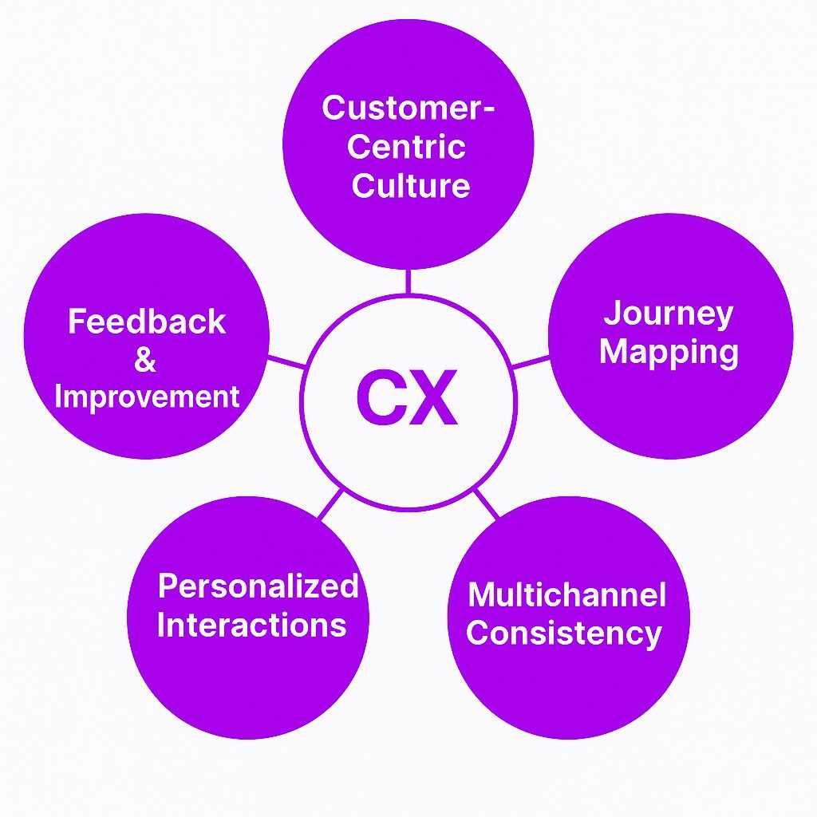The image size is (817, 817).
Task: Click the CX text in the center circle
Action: [407, 397]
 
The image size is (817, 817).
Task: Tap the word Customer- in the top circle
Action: [408, 109]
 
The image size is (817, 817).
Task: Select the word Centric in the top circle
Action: [407, 147]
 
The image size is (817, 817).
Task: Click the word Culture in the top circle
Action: [410, 185]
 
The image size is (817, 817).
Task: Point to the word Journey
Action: [668, 314]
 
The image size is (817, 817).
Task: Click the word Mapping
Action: [669, 352]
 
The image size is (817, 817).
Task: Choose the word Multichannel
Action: [566, 594]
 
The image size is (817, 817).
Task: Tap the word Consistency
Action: [564, 633]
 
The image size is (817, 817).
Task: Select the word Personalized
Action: [258, 586]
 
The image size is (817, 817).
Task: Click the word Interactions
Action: [252, 625]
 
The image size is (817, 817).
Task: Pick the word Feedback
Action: [147, 322]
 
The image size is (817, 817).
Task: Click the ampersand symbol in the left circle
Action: [145, 360]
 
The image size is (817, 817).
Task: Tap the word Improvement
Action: [147, 397]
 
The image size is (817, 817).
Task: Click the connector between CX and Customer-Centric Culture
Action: [407, 282]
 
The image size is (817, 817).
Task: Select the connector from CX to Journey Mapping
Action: [531, 362]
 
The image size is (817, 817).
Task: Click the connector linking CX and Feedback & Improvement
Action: [286, 361]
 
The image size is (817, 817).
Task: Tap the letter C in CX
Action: [381, 397]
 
